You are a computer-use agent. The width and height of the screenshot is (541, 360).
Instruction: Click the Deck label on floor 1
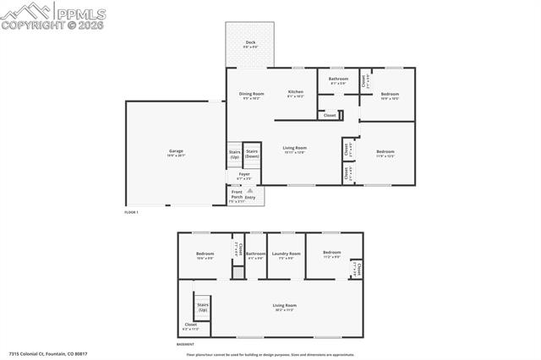pyautogui.click(x=250, y=43)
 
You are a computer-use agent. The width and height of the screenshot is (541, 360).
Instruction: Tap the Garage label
pyautogui.click(x=176, y=153)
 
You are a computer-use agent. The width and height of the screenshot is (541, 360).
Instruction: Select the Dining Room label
pyautogui.click(x=251, y=95)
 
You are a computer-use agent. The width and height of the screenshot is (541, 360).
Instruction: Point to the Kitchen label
pyautogui.click(x=295, y=93)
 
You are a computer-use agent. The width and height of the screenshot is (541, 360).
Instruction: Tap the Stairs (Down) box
pyautogui.click(x=252, y=154)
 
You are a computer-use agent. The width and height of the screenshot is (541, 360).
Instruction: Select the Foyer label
pyautogui.click(x=243, y=176)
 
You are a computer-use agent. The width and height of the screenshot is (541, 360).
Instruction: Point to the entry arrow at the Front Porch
pyautogui.click(x=249, y=192)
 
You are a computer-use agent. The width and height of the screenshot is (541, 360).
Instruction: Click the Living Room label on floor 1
pyautogui.click(x=294, y=150)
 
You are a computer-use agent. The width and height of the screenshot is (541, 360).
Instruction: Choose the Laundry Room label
pyautogui.click(x=284, y=254)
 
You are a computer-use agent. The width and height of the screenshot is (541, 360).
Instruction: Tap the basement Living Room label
pyautogui.click(x=284, y=307)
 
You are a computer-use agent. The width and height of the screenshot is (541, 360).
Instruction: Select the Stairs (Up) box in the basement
pyautogui.click(x=203, y=307)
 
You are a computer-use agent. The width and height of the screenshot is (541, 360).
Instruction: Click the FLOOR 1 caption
pyautogui.click(x=131, y=212)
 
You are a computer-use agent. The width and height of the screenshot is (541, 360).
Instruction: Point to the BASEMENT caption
pyautogui.click(x=185, y=344)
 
